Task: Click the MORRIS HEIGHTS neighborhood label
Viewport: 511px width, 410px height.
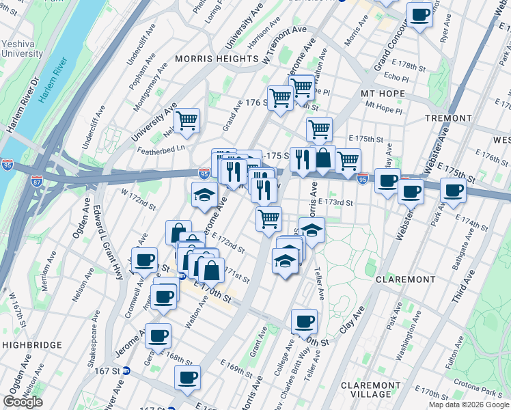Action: click(x=216, y=59)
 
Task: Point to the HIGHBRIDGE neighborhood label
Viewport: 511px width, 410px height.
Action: click(x=32, y=346)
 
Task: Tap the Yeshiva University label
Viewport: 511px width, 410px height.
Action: click(x=23, y=49)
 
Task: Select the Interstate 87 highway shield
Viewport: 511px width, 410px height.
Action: click(x=37, y=182)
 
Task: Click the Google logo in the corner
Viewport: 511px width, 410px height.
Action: click(x=23, y=402)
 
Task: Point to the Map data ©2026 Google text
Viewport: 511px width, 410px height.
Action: click(x=468, y=405)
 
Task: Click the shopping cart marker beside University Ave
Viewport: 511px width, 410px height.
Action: click(x=187, y=122)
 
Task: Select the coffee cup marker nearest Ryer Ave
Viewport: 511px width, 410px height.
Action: click(x=419, y=14)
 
